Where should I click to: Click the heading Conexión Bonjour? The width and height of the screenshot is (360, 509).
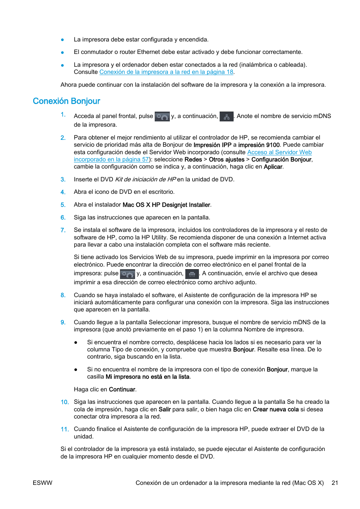66,101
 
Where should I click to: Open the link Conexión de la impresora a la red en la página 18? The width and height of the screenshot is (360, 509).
166,72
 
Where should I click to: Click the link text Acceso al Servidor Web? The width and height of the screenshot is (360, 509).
279,152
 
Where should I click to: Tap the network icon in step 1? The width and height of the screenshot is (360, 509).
226,117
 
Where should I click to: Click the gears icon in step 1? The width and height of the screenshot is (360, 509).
162,117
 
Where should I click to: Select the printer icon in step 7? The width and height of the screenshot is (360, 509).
192,274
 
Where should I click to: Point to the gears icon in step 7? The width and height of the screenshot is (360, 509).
127,274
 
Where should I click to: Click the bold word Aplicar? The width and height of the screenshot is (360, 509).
273,167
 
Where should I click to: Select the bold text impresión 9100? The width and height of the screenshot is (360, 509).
258,145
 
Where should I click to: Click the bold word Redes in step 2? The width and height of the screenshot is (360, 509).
193,159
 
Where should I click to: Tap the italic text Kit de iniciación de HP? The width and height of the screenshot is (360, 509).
145,179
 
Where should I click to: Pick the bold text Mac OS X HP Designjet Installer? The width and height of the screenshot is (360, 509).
166,205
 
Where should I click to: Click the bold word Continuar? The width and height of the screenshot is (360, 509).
122,389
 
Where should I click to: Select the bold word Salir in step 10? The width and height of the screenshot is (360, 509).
165,409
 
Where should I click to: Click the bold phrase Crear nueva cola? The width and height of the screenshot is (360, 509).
275,409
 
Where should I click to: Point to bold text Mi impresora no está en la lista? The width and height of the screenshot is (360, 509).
148,377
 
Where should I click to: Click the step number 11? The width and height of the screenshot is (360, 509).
65,429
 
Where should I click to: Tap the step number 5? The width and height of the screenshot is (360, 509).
63,205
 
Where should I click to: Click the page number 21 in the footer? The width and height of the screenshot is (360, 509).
335,483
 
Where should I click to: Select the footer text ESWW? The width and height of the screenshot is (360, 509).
43,483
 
